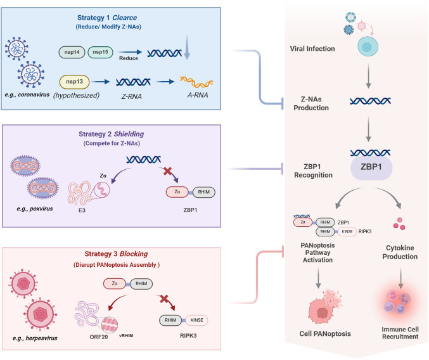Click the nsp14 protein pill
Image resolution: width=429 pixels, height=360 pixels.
pyautogui.click(x=72, y=52)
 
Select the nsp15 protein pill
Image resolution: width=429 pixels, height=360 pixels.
pyautogui.click(x=100, y=52)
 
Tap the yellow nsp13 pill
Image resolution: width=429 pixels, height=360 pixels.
pyautogui.click(x=74, y=82)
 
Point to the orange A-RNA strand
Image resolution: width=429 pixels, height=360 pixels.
pyautogui.click(x=196, y=82)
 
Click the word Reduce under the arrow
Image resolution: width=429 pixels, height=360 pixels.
pyautogui.click(x=129, y=58)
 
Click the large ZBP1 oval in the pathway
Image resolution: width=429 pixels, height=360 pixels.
pyautogui.click(x=371, y=167)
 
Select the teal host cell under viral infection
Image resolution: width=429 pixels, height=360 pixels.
pyautogui.click(x=368, y=46)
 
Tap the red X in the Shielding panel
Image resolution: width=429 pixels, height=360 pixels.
pyautogui.click(x=167, y=172)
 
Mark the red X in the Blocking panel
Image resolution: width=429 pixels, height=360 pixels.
pyautogui.click(x=164, y=299)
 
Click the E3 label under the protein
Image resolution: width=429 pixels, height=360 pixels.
pyautogui.click(x=82, y=210)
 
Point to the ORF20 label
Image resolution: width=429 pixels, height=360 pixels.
pyautogui.click(x=99, y=337)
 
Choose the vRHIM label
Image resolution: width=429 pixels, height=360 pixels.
pyautogui.click(x=126, y=336)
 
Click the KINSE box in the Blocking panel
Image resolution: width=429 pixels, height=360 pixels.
pyautogui.click(x=196, y=320)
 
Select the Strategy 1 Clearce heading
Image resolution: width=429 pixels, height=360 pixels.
pyautogui.click(x=107, y=18)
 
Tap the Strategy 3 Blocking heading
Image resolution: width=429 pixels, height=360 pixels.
pyautogui.click(x=116, y=254)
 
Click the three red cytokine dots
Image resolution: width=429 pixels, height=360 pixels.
pyautogui.click(x=399, y=224)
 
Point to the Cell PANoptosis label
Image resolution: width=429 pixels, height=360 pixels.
pyautogui.click(x=325, y=334)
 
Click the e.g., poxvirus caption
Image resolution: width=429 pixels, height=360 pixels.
pyautogui.click(x=35, y=209)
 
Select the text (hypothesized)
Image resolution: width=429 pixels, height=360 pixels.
pyautogui.click(x=76, y=96)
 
